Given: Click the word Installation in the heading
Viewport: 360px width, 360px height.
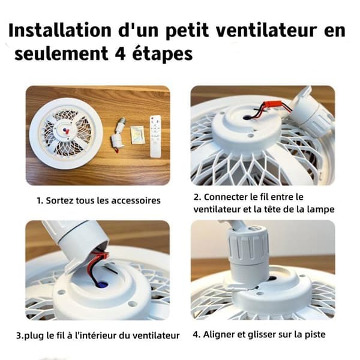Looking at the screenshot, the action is click(x=60, y=30).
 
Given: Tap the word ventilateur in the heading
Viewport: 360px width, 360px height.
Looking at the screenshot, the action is click(x=266, y=30).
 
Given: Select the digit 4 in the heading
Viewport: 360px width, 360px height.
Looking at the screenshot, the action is click(x=120, y=53).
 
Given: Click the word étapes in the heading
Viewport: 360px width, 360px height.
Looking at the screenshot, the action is click(x=163, y=53).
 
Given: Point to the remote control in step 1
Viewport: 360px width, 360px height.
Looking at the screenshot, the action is click(x=155, y=136).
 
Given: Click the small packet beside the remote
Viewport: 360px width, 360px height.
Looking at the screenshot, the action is click(x=137, y=135).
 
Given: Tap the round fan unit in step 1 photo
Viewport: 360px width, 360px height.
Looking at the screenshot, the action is click(x=66, y=134).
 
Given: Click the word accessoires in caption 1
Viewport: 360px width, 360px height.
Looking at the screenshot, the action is click(x=136, y=200).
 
